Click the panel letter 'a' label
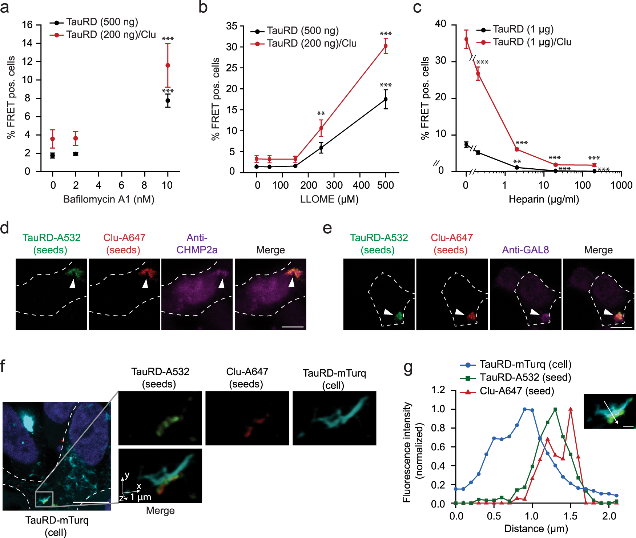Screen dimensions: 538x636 pos(5,7)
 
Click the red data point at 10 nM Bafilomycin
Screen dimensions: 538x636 pos(168,65)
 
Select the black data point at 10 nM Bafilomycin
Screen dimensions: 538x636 pos(168,100)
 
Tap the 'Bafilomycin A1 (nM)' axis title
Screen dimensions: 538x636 pos(109,199)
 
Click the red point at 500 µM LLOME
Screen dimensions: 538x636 pos(386,46)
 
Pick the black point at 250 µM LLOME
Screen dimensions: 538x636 pos(321,148)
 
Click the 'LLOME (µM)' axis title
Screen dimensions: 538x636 pos(329,199)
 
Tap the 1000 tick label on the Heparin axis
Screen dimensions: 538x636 pos(621,185)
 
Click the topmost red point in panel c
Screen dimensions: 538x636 pos(466,39)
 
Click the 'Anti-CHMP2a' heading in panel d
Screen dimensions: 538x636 pos(197,244)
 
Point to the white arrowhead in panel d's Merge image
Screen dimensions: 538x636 pos(291,282)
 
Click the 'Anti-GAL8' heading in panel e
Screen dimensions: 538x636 pos(525,250)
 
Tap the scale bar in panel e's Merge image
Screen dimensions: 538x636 pos(621,327)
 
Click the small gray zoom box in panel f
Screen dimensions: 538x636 pos(44,499)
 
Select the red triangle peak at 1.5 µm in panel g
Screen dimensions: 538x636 pos(571,409)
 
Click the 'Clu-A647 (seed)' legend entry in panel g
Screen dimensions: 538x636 pos(516,391)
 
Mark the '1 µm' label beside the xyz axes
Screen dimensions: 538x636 pos(141,497)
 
